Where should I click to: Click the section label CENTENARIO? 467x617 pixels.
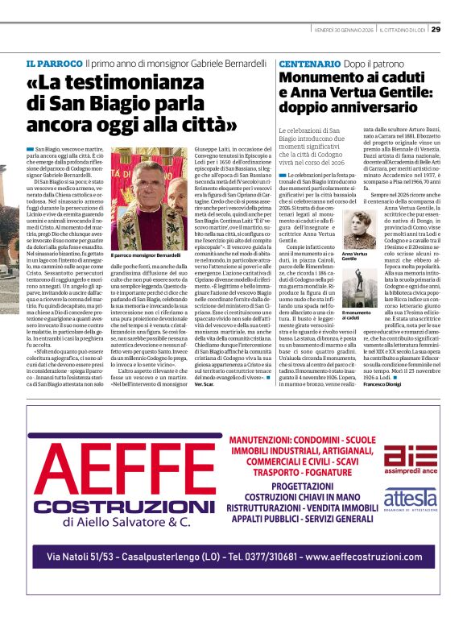click(x=310, y=64)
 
